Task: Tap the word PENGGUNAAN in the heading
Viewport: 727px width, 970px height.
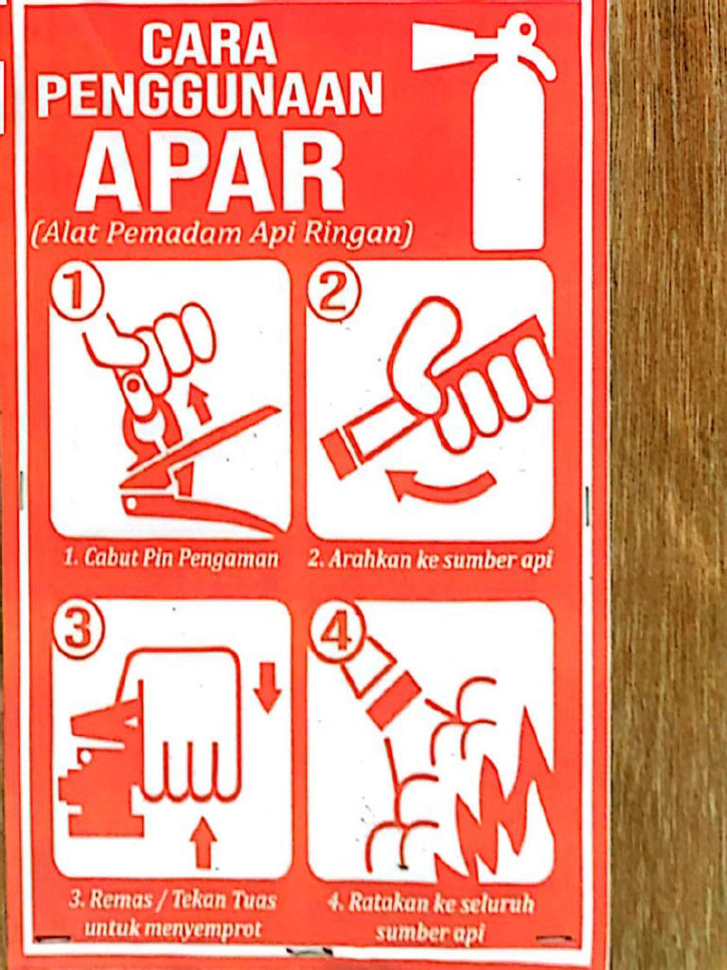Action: pyautogui.click(x=209, y=95)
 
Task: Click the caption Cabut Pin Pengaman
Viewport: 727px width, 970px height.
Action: pyautogui.click(x=171, y=559)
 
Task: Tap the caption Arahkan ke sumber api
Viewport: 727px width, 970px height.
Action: pyautogui.click(x=430, y=560)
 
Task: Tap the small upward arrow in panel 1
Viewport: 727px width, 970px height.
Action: pyautogui.click(x=200, y=403)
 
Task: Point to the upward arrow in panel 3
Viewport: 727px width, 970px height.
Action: pyautogui.click(x=203, y=842)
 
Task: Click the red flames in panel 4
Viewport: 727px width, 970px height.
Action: pyautogui.click(x=506, y=805)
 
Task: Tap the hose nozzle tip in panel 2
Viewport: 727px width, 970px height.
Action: pyautogui.click(x=339, y=454)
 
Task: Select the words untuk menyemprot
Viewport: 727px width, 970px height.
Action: pyautogui.click(x=172, y=929)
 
